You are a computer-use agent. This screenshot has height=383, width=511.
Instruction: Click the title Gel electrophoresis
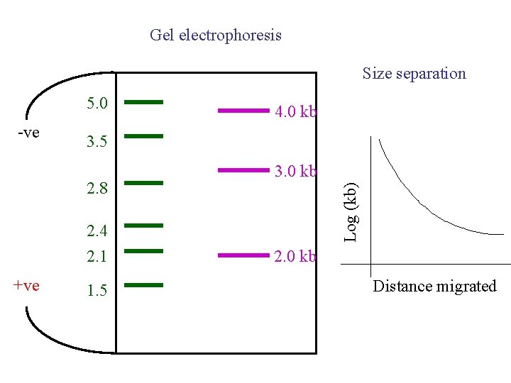coord(216,35)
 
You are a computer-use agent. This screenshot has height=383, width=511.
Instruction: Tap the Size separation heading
coord(414,73)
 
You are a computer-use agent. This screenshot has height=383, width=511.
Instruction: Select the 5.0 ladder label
coord(97,104)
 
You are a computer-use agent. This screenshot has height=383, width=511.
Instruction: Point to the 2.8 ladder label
coord(97,189)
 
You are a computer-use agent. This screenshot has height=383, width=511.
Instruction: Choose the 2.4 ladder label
coord(97,231)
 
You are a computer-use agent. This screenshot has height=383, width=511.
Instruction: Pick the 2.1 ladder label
coord(97,256)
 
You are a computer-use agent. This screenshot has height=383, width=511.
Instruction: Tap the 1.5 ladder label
coord(97,291)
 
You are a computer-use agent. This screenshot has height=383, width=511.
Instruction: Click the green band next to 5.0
coord(143,102)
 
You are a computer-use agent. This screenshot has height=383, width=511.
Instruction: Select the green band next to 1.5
coord(143,285)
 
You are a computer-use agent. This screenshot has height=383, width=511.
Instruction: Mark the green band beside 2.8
coord(143,183)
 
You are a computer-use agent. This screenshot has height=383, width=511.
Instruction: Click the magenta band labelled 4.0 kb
coord(244,111)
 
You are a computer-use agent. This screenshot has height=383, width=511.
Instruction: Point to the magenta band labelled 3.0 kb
coord(244,170)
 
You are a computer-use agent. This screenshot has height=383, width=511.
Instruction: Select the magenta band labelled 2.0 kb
coord(244,255)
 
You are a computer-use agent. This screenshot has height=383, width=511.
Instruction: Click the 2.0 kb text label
coord(295,256)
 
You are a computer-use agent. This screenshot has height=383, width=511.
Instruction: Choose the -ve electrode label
coord(28,133)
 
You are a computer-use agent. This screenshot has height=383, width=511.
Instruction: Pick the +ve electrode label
coord(27,285)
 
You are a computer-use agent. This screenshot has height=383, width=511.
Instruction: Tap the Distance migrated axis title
coord(434,286)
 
